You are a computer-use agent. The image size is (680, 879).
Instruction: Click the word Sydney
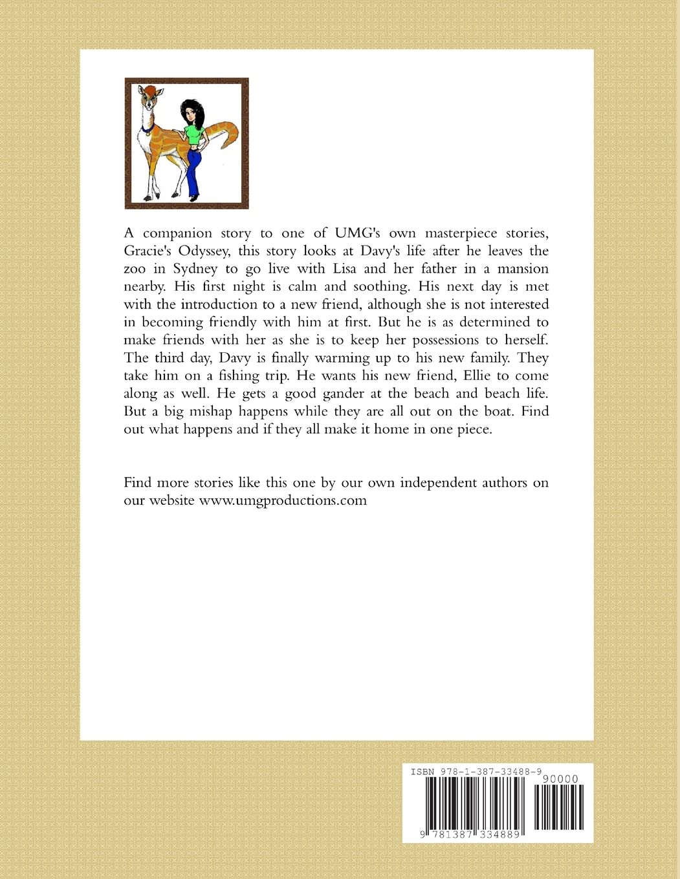195,269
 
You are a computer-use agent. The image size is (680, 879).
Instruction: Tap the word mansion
523,269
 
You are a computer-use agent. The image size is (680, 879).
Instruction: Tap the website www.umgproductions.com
283,500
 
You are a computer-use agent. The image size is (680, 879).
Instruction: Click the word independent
441,483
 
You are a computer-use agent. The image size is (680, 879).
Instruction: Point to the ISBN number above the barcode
476,772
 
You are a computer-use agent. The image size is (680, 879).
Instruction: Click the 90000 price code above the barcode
560,779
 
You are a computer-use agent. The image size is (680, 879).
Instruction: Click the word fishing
234,376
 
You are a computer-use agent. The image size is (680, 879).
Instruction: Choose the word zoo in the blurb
135,269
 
